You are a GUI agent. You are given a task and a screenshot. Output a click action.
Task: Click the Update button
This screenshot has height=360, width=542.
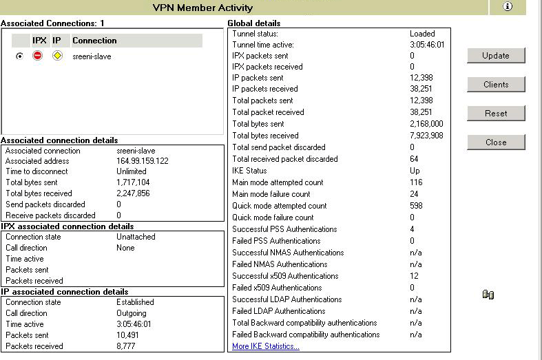tap(496, 56)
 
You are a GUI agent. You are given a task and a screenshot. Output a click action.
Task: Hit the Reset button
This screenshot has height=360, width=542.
tap(496, 114)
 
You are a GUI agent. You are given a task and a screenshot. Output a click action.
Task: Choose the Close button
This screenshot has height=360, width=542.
tap(496, 142)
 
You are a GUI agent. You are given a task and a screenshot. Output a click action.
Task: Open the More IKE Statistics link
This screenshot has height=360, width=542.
tap(266, 346)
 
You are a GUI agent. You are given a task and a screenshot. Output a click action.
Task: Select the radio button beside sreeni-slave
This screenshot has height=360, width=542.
tap(19, 56)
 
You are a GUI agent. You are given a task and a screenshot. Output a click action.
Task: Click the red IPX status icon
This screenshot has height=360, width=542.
tap(38, 56)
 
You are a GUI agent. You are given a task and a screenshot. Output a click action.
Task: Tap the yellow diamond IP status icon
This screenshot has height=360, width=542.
tap(58, 56)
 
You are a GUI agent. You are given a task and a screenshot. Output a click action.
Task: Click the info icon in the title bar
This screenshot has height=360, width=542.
tap(508, 7)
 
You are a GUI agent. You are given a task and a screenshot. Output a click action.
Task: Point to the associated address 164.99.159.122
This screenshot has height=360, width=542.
tap(143, 161)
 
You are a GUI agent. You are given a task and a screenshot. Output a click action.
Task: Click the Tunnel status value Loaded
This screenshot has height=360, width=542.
tap(422, 33)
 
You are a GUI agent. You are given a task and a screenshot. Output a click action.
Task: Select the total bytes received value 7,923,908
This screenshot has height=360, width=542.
tap(426, 136)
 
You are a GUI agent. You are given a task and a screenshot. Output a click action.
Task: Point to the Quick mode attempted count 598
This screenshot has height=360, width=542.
tap(416, 206)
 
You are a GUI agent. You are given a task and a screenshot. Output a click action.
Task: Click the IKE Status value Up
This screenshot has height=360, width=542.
tap(415, 171)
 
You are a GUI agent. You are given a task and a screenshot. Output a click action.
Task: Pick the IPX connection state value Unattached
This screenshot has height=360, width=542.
tap(136, 237)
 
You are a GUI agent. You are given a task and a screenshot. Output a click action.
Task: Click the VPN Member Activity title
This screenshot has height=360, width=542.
tap(202, 8)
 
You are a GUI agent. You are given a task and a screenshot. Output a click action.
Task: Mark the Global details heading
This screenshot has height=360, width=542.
tap(254, 23)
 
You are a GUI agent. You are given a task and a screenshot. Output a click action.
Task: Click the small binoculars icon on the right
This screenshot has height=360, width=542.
tap(488, 295)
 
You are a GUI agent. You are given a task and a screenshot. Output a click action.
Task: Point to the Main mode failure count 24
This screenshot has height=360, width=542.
tap(415, 194)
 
